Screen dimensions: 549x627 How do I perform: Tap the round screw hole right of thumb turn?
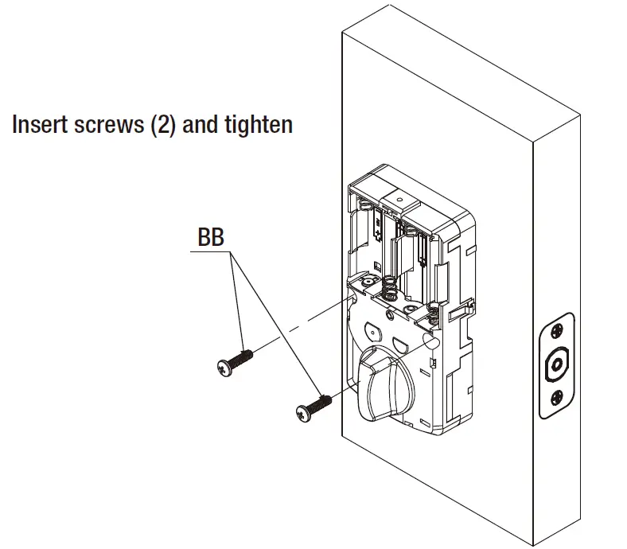431,340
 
